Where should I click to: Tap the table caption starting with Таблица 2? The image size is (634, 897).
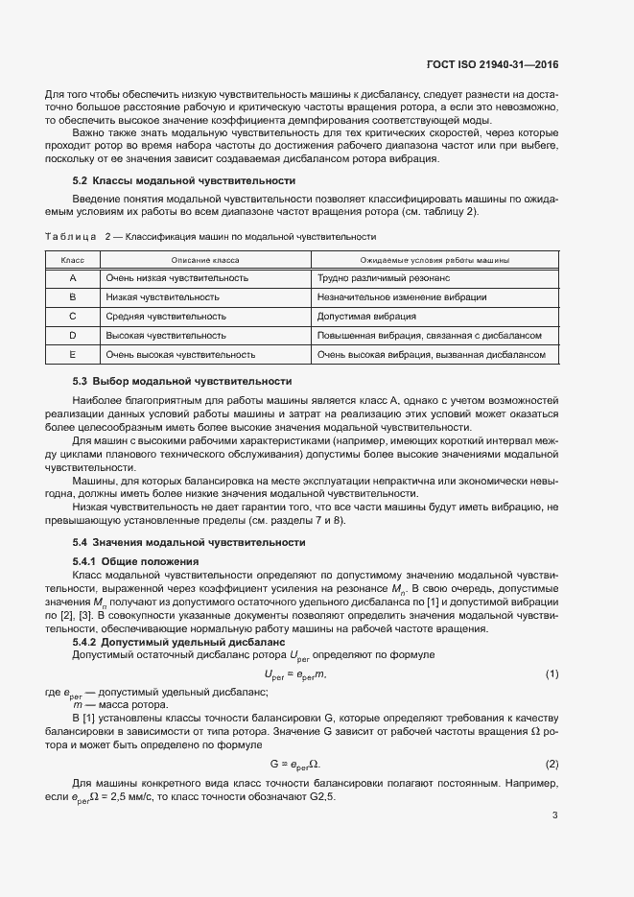click(210, 236)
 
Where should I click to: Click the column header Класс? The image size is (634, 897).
click(73, 260)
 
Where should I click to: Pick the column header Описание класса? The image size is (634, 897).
click(205, 260)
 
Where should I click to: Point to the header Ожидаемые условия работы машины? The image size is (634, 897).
click(434, 260)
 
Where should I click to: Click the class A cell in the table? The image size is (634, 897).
click(73, 278)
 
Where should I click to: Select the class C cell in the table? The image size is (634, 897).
click(73, 317)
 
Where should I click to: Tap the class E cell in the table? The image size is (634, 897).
click(73, 355)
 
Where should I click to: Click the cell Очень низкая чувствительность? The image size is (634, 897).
click(177, 278)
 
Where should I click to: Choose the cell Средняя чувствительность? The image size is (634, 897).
click(166, 317)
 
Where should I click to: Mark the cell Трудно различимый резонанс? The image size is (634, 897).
click(383, 278)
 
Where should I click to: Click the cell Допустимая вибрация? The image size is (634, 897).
click(365, 317)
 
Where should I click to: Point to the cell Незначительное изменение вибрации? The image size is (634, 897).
click(402, 297)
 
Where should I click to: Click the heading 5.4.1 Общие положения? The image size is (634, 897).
click(135, 560)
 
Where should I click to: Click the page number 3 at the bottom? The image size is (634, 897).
click(555, 815)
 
